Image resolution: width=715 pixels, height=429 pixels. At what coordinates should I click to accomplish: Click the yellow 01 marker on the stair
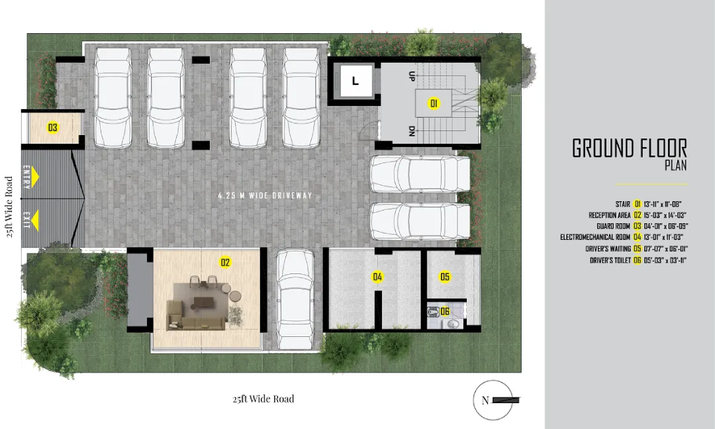434,103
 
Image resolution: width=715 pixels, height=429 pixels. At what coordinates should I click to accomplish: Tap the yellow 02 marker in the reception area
225,262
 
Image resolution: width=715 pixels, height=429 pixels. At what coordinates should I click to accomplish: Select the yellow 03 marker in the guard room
53,127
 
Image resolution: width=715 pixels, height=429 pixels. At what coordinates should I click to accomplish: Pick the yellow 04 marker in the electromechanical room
377,277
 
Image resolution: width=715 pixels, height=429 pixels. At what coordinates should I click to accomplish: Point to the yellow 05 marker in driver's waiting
445,277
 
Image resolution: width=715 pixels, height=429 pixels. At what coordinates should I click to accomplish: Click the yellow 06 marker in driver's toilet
445,312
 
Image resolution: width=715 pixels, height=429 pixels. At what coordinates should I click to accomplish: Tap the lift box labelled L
356,81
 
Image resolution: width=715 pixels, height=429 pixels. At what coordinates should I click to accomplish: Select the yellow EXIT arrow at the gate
34,219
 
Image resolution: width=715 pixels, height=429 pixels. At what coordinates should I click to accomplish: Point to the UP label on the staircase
412,76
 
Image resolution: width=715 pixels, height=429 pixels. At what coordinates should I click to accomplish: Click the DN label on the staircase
412,131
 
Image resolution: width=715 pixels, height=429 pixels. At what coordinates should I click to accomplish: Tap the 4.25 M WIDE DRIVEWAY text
265,195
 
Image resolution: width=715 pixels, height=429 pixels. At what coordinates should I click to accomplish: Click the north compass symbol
493,401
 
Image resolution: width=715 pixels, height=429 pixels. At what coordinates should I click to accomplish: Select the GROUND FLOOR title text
630,148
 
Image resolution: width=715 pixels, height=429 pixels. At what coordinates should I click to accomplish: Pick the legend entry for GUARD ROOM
613,226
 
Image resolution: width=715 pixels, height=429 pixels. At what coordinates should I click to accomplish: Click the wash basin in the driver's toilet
453,324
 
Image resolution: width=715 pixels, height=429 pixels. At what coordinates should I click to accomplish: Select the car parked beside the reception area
295,299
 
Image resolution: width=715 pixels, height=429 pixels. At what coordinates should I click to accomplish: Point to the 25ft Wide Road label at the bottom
263,399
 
